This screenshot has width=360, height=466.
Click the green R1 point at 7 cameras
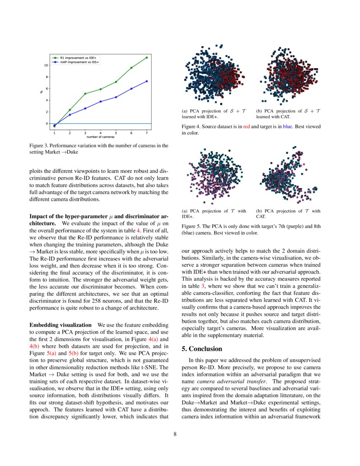[x=147, y=58]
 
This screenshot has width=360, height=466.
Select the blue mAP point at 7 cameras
[x=147, y=81]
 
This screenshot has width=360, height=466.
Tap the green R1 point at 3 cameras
[x=85, y=94]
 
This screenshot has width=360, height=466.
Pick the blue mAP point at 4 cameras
[x=100, y=102]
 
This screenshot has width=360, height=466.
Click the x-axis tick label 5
[x=116, y=133]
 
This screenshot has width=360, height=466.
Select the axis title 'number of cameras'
[x=100, y=137]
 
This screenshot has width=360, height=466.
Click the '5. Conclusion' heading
[x=202, y=349]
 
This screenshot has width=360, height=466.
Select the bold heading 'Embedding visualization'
[x=60, y=325]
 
